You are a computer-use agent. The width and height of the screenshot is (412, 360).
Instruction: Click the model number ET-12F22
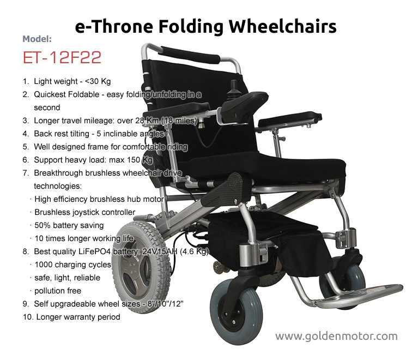tap(62, 57)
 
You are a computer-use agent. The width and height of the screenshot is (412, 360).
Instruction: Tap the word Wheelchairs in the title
tap(282, 27)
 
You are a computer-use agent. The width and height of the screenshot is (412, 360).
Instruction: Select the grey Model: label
tap(37, 39)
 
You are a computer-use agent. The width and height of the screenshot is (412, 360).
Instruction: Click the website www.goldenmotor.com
tap(336, 337)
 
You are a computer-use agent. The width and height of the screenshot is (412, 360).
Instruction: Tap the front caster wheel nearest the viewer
tap(236, 308)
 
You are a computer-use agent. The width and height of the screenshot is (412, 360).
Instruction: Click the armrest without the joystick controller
tap(290, 119)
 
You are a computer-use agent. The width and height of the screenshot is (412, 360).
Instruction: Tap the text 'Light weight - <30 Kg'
tap(72, 81)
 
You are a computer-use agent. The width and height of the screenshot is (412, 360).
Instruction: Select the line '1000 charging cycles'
tap(73, 265)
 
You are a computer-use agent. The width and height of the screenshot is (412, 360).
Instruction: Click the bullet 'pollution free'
tap(58, 291)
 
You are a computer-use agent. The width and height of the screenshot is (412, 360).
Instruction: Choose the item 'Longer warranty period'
tap(78, 317)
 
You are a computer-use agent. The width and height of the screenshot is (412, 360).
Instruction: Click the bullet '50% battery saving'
tap(69, 225)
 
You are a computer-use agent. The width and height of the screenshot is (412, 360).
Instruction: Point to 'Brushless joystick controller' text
tap(85, 212)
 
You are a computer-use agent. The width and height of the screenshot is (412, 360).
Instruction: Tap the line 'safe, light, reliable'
tap(67, 278)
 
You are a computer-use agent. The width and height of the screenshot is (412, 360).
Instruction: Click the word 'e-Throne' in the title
tap(114, 27)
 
